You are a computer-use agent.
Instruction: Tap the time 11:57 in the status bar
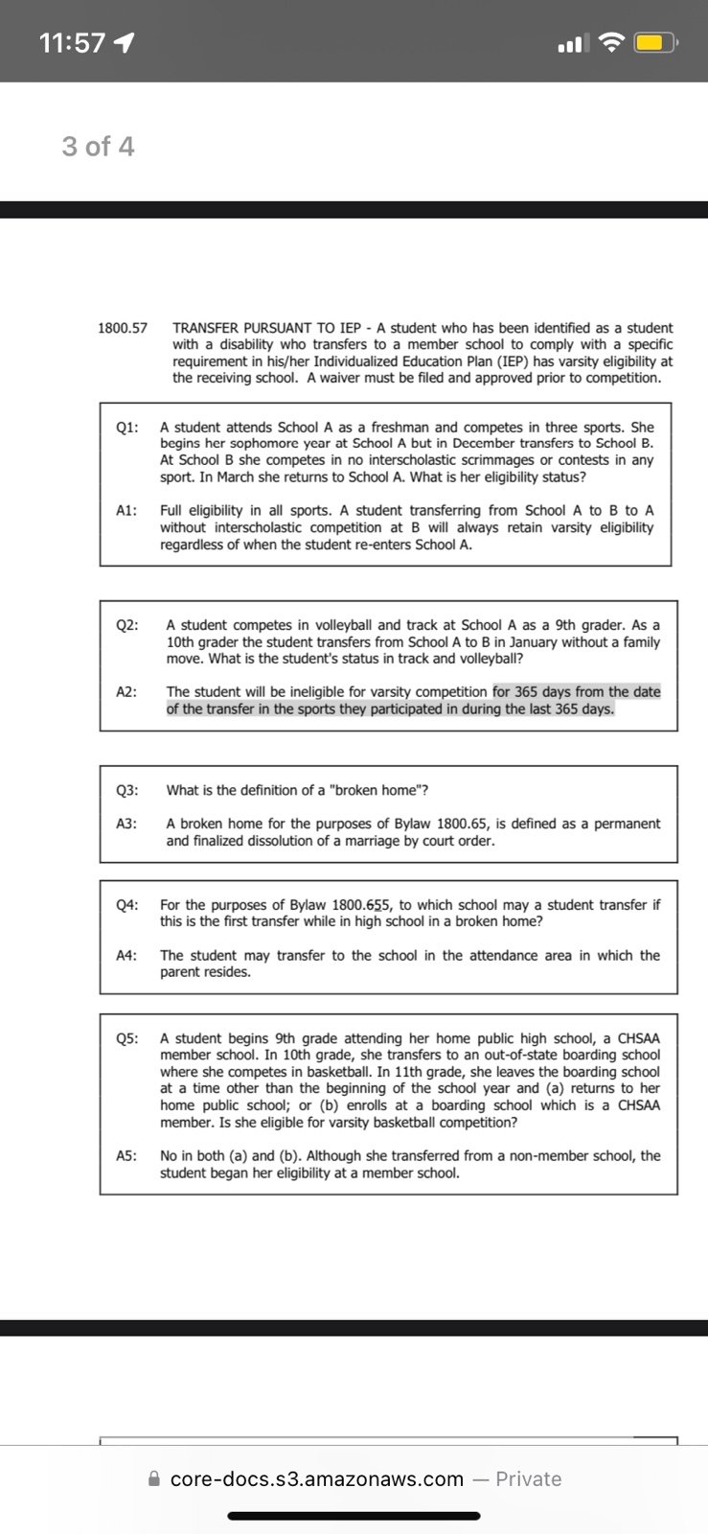(x=72, y=43)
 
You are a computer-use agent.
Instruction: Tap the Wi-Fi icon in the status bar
(x=610, y=43)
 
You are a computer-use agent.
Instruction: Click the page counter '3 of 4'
(x=98, y=147)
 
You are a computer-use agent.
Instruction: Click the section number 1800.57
(x=123, y=328)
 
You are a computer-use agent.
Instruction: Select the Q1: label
(x=127, y=428)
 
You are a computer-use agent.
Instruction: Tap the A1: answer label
(x=126, y=511)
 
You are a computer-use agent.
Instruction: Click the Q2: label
(x=127, y=625)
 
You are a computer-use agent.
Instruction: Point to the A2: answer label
(x=126, y=692)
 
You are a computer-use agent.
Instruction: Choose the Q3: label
(x=127, y=791)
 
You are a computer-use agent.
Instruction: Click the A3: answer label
(x=126, y=825)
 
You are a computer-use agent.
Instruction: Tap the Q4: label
(x=127, y=905)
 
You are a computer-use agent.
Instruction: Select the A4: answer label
(x=126, y=956)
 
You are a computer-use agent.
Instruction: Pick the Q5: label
(x=127, y=1038)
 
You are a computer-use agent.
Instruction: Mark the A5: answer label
(x=126, y=1156)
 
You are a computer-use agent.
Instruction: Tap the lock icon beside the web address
(x=154, y=1479)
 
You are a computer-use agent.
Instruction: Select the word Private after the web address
(x=528, y=1479)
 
